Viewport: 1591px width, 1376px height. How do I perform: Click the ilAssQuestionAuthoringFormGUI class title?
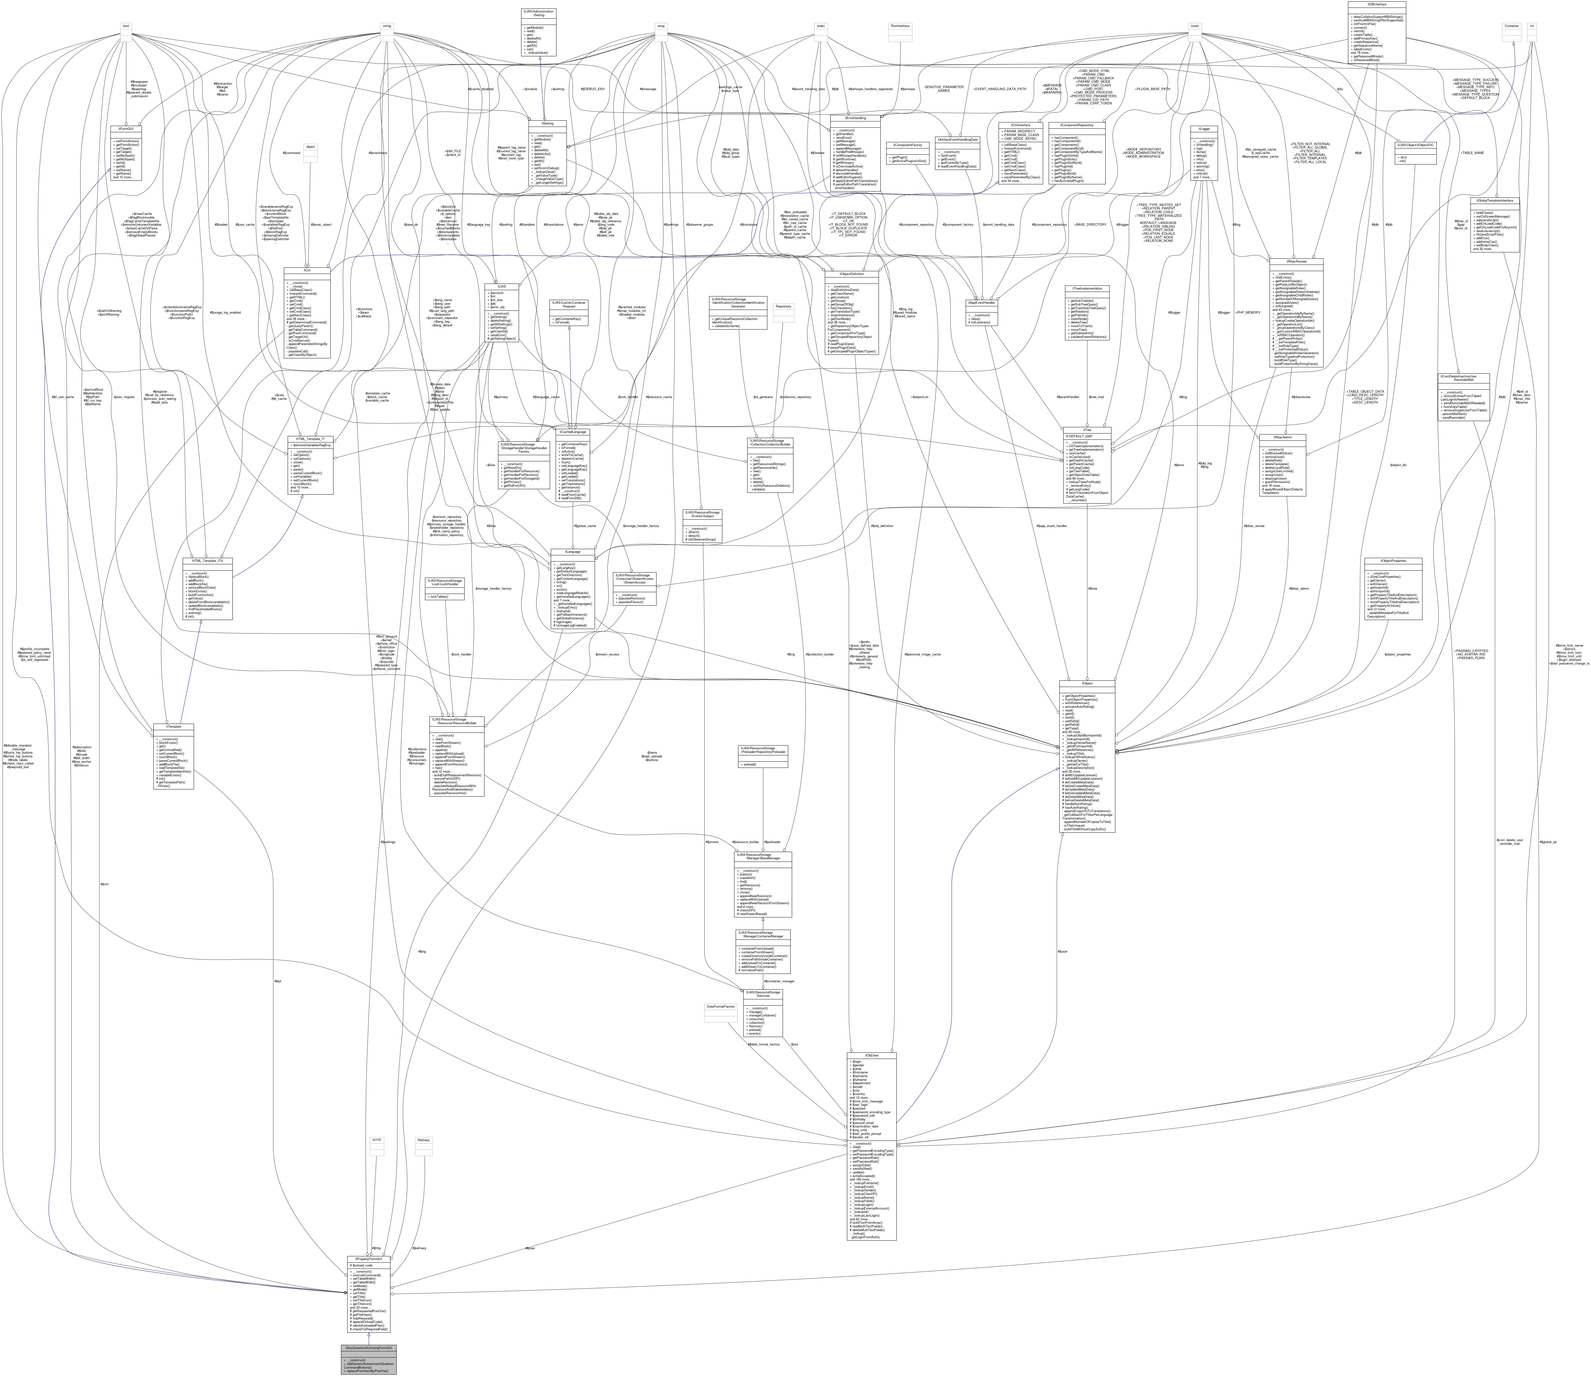(369, 1348)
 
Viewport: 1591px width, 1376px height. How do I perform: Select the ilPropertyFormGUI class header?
(369, 1259)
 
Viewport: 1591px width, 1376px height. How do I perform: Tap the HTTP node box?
(377, 1140)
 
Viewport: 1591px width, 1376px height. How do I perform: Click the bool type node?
(126, 26)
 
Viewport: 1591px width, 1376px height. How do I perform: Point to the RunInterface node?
(899, 26)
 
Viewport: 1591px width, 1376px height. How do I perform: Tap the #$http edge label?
(376, 1248)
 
